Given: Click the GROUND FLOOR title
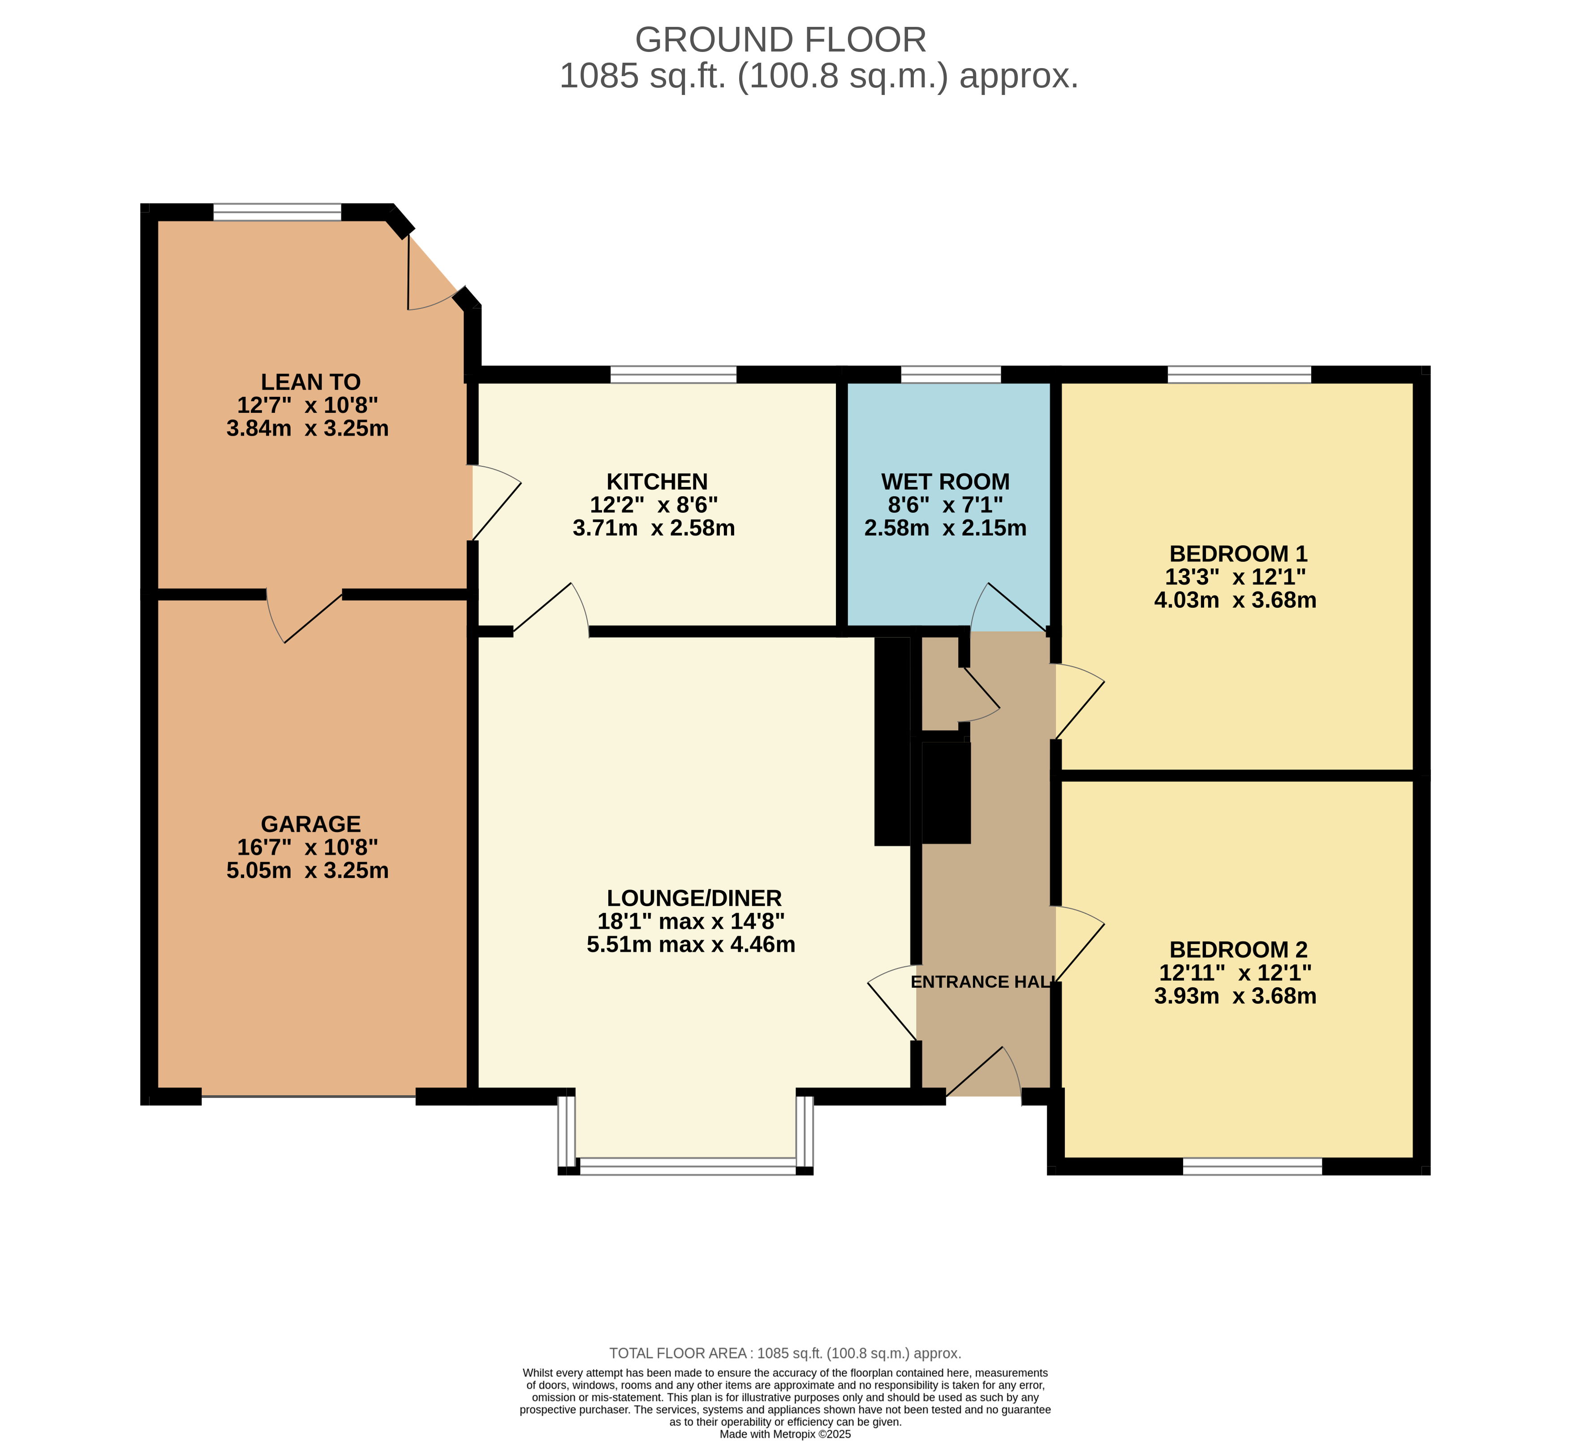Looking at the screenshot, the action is coord(780,40).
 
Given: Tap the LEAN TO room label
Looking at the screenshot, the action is coord(310,382).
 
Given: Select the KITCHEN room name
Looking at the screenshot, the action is coord(657,482).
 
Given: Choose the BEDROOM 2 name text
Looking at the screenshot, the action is coord(1238,950).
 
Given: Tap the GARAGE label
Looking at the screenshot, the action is coord(310,824).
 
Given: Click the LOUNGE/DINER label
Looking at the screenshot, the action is coord(694,898).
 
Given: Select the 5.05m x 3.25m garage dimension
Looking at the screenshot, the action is coord(307,870).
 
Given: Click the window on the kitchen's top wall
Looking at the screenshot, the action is coord(673,374).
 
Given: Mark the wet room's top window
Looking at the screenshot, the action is coord(951,374).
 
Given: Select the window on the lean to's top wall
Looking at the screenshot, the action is coord(278,212).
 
